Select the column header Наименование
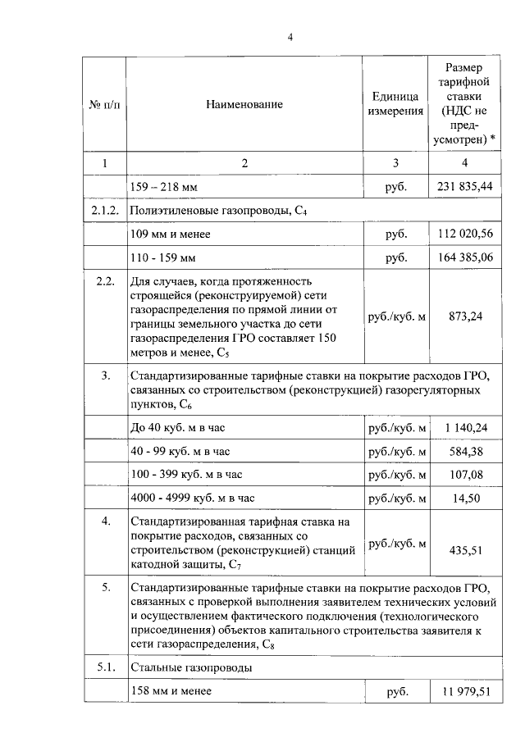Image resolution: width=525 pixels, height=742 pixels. tap(244, 104)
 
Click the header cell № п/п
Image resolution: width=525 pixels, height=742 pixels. tap(103, 104)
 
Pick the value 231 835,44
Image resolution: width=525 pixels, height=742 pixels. tap(464, 187)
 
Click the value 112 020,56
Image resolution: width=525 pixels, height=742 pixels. tap(464, 234)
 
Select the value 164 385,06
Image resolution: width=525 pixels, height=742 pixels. tap(464, 258)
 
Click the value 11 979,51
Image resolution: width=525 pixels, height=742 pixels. tap(464, 692)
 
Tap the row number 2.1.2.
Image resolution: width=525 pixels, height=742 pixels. tap(104, 211)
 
